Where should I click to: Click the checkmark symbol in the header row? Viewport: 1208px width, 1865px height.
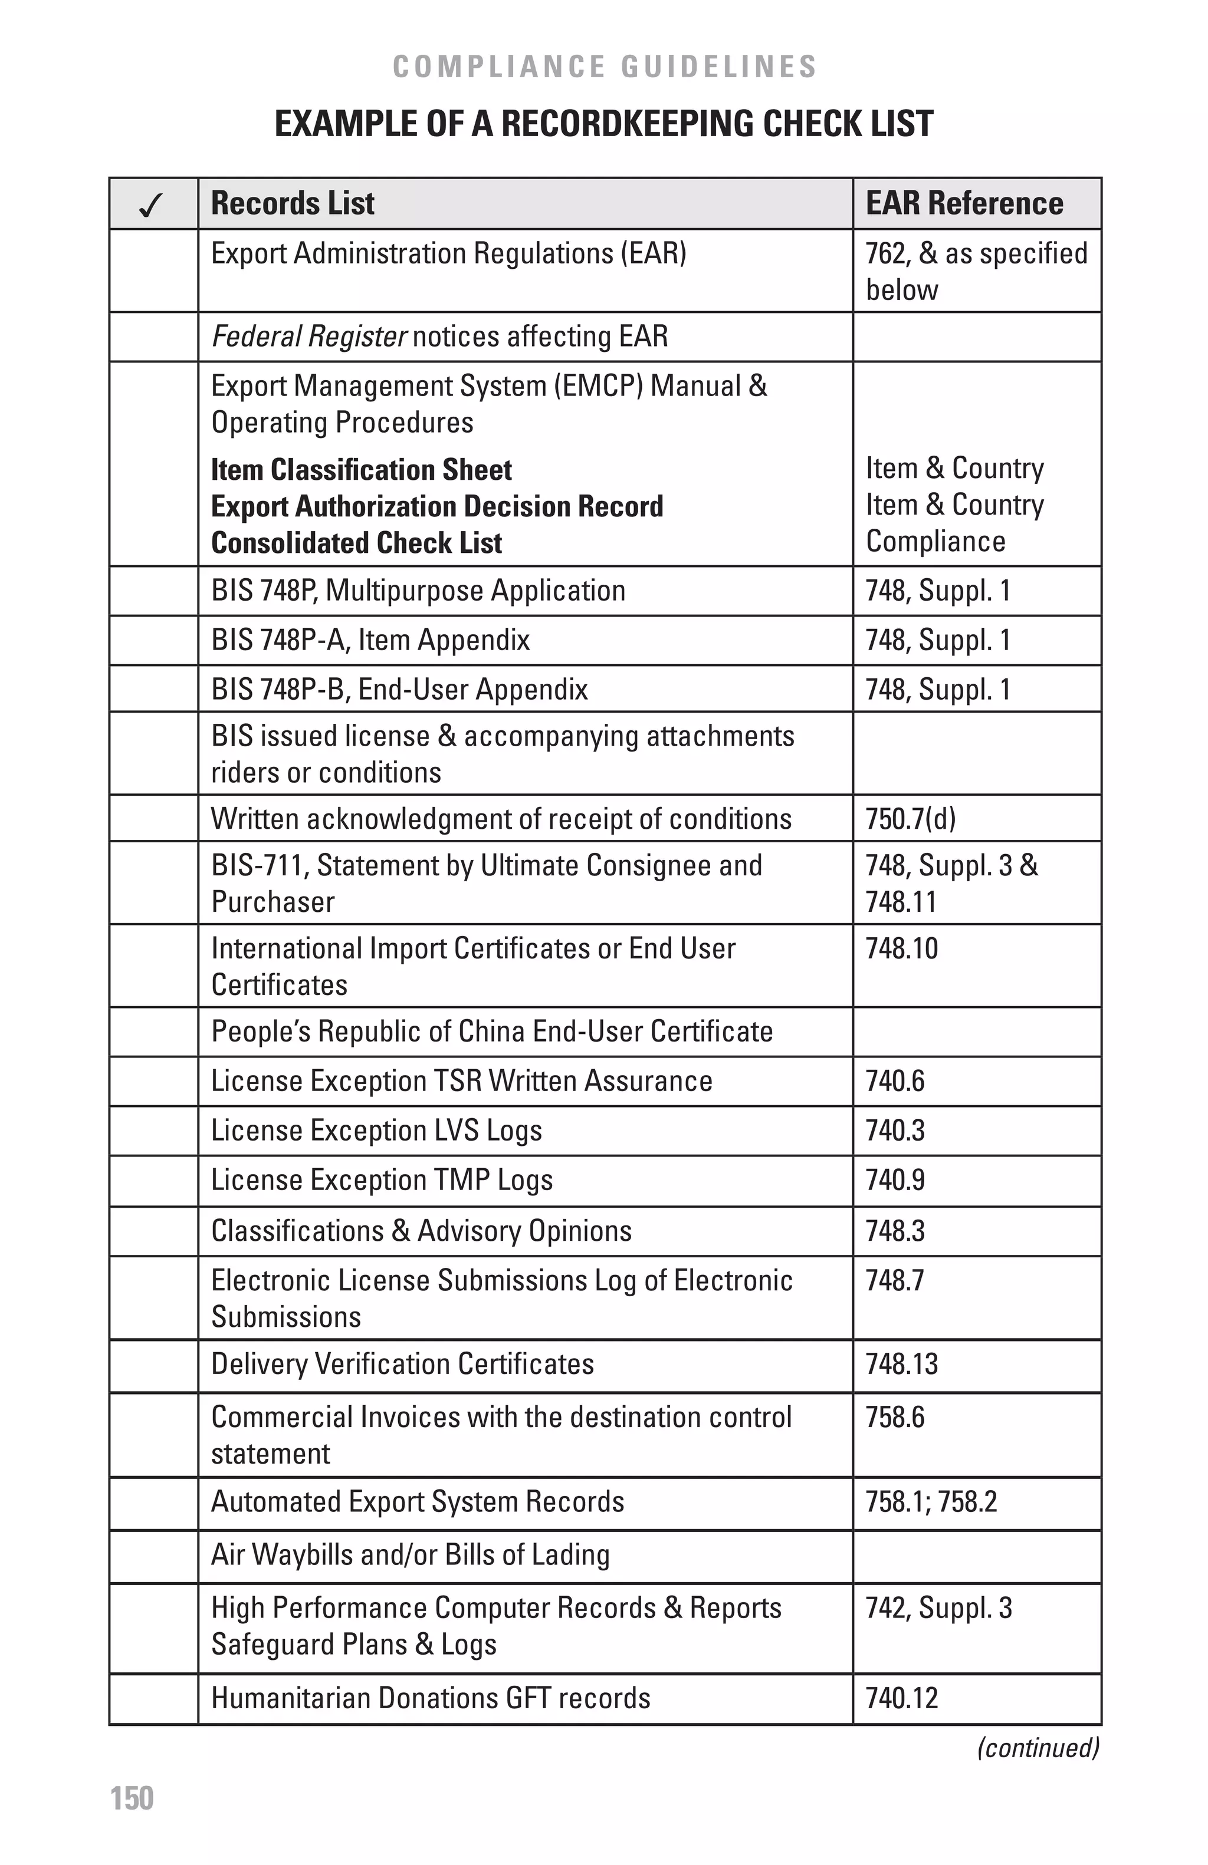(x=150, y=205)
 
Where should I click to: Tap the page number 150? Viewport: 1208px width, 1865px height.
(x=132, y=1798)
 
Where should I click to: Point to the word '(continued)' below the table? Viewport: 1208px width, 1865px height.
(x=1037, y=1748)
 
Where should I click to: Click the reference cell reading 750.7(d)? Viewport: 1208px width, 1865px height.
(x=910, y=819)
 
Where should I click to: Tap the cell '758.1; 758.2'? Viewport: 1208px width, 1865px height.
(x=931, y=1501)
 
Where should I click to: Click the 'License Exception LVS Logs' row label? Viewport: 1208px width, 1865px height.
(x=376, y=1131)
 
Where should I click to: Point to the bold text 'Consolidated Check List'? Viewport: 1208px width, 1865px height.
(x=357, y=543)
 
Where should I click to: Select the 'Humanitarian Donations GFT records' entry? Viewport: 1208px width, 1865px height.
(x=431, y=1698)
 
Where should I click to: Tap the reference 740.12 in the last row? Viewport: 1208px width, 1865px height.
(x=901, y=1698)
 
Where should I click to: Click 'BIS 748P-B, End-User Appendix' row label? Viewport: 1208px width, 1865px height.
(x=399, y=690)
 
